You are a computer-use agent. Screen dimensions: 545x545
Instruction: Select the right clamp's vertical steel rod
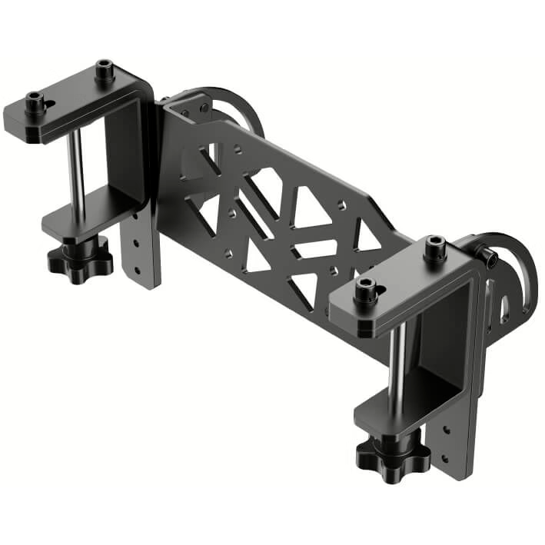pyautogui.click(x=395, y=369)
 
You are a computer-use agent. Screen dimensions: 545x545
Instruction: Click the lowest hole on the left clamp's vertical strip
pyautogui.click(x=136, y=268)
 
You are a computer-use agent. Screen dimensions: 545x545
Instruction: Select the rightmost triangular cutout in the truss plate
pyautogui.click(x=367, y=238)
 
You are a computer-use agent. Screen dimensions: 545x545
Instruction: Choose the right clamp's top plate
pyautogui.click(x=400, y=292)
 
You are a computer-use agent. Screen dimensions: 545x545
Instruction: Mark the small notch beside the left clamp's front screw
pyautogui.click(x=49, y=105)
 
